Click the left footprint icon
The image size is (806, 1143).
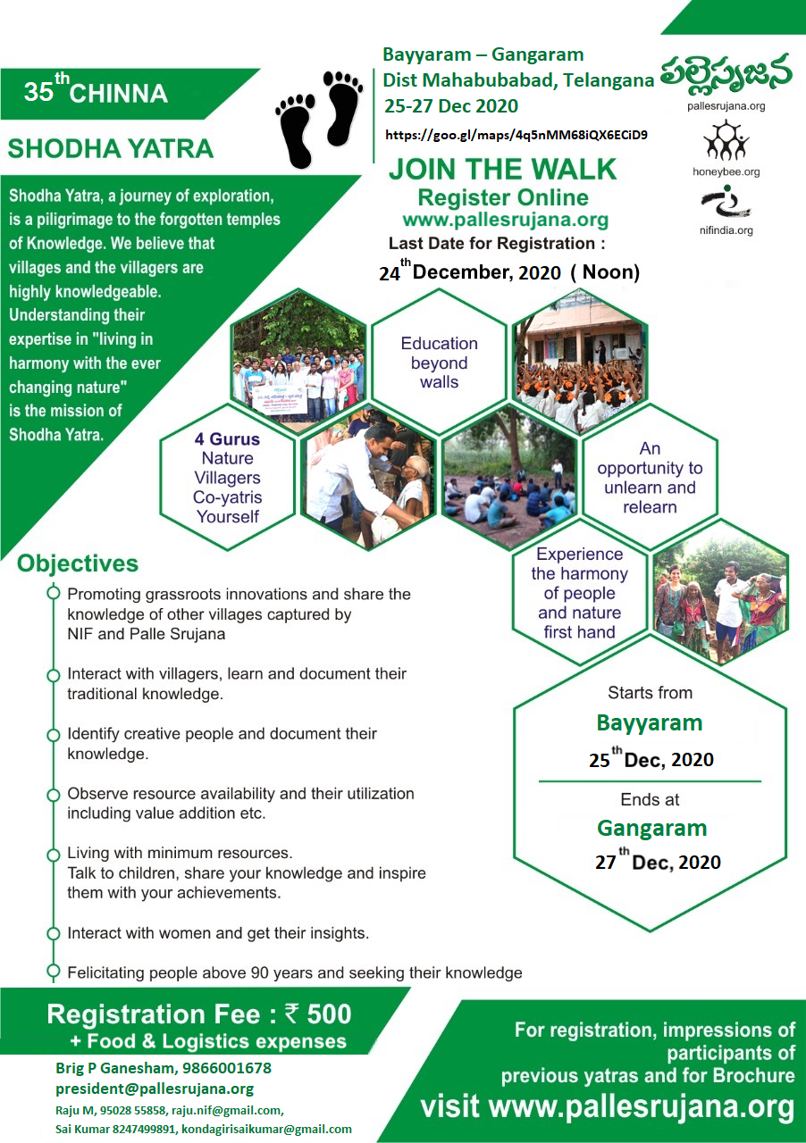click(295, 131)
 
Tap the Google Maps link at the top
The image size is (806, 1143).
click(516, 135)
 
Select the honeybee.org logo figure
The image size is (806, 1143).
click(726, 139)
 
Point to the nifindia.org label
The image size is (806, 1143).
click(726, 230)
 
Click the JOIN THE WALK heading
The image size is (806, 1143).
click(502, 169)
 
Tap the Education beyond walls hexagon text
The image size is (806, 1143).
click(440, 363)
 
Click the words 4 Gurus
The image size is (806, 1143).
click(227, 438)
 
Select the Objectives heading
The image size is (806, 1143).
click(78, 563)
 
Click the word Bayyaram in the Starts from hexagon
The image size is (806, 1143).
click(650, 723)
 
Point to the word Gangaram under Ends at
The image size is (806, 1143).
click(651, 828)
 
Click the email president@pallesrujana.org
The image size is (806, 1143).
click(155, 1089)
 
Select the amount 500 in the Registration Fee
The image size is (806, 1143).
click(329, 1014)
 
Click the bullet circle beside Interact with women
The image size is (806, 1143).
click(53, 933)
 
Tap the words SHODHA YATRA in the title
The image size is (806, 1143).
click(110, 148)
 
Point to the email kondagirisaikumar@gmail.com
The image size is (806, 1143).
click(266, 1130)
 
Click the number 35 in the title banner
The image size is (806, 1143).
click(38, 92)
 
